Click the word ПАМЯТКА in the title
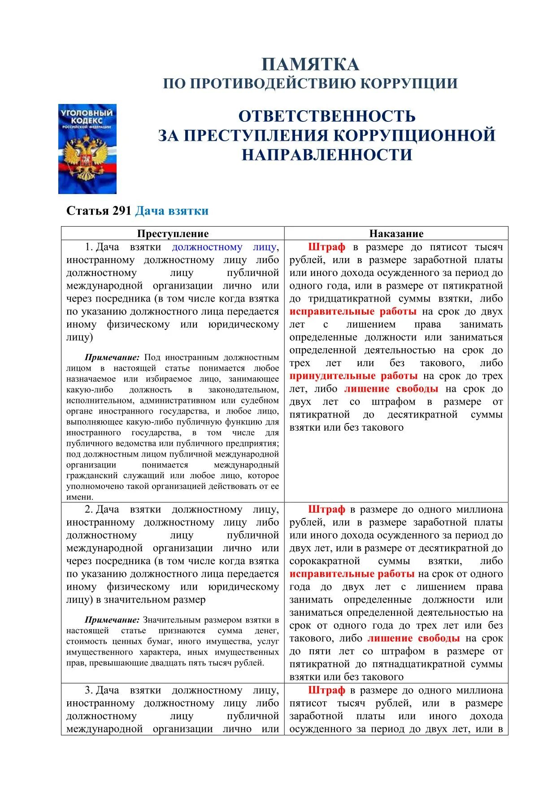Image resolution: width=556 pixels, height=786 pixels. [x=310, y=65]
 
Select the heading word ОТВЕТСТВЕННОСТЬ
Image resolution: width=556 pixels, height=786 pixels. [x=327, y=117]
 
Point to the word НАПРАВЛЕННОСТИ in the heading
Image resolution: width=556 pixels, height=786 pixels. [x=327, y=155]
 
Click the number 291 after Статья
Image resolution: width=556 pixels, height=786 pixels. [x=122, y=211]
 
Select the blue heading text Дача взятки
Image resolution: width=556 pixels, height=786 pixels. [x=172, y=211]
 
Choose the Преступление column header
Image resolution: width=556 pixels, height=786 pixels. [x=173, y=233]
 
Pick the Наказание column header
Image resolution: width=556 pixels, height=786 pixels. [x=396, y=233]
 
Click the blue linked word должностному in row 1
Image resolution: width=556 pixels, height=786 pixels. [x=207, y=247]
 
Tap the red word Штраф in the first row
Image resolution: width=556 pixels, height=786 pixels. [x=327, y=247]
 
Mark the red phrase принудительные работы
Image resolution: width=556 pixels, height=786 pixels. [x=353, y=376]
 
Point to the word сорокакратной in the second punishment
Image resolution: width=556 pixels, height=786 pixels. [x=325, y=561]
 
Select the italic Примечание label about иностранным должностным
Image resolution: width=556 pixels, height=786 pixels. [x=112, y=358]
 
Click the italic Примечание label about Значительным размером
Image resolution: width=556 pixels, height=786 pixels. [x=112, y=620]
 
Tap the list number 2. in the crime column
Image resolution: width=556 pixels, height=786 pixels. [x=89, y=510]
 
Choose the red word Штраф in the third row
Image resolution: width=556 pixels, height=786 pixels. [x=327, y=691]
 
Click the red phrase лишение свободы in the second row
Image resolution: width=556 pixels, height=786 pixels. [x=413, y=638]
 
